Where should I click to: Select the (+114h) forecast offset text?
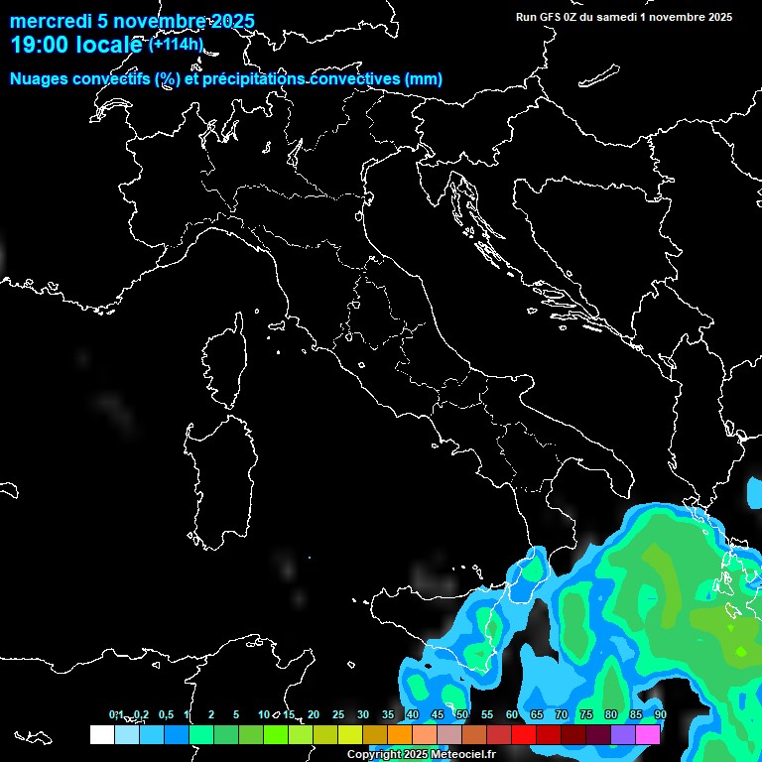tap(176, 44)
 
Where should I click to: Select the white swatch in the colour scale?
tap(101, 734)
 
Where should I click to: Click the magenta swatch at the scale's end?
tap(648, 734)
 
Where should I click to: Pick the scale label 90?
tap(660, 714)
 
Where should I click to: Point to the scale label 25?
tap(338, 714)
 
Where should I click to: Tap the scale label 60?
tap(512, 714)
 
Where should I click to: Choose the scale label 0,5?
tap(167, 714)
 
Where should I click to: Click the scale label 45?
tap(438, 714)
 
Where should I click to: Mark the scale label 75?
tap(586, 714)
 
